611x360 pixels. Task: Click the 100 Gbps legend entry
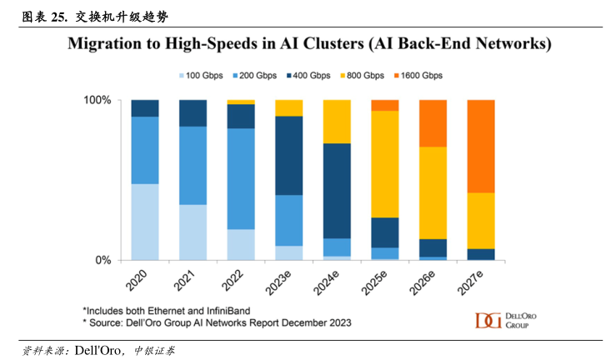tap(201, 76)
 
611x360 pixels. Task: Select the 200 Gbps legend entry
tap(255, 76)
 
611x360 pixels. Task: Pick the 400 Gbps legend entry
tap(308, 76)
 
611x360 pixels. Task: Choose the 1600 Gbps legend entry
tap(419, 76)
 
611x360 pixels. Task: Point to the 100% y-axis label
tap(97, 100)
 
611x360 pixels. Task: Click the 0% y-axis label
tap(103, 260)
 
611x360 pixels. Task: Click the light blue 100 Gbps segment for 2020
tap(145, 222)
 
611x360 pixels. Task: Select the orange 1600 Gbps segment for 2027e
tap(481, 146)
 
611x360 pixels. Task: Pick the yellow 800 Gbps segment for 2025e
tap(384, 164)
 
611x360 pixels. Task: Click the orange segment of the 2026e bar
tap(433, 123)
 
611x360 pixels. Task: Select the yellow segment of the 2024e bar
tap(337, 122)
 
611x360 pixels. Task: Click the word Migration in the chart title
tap(106, 42)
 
